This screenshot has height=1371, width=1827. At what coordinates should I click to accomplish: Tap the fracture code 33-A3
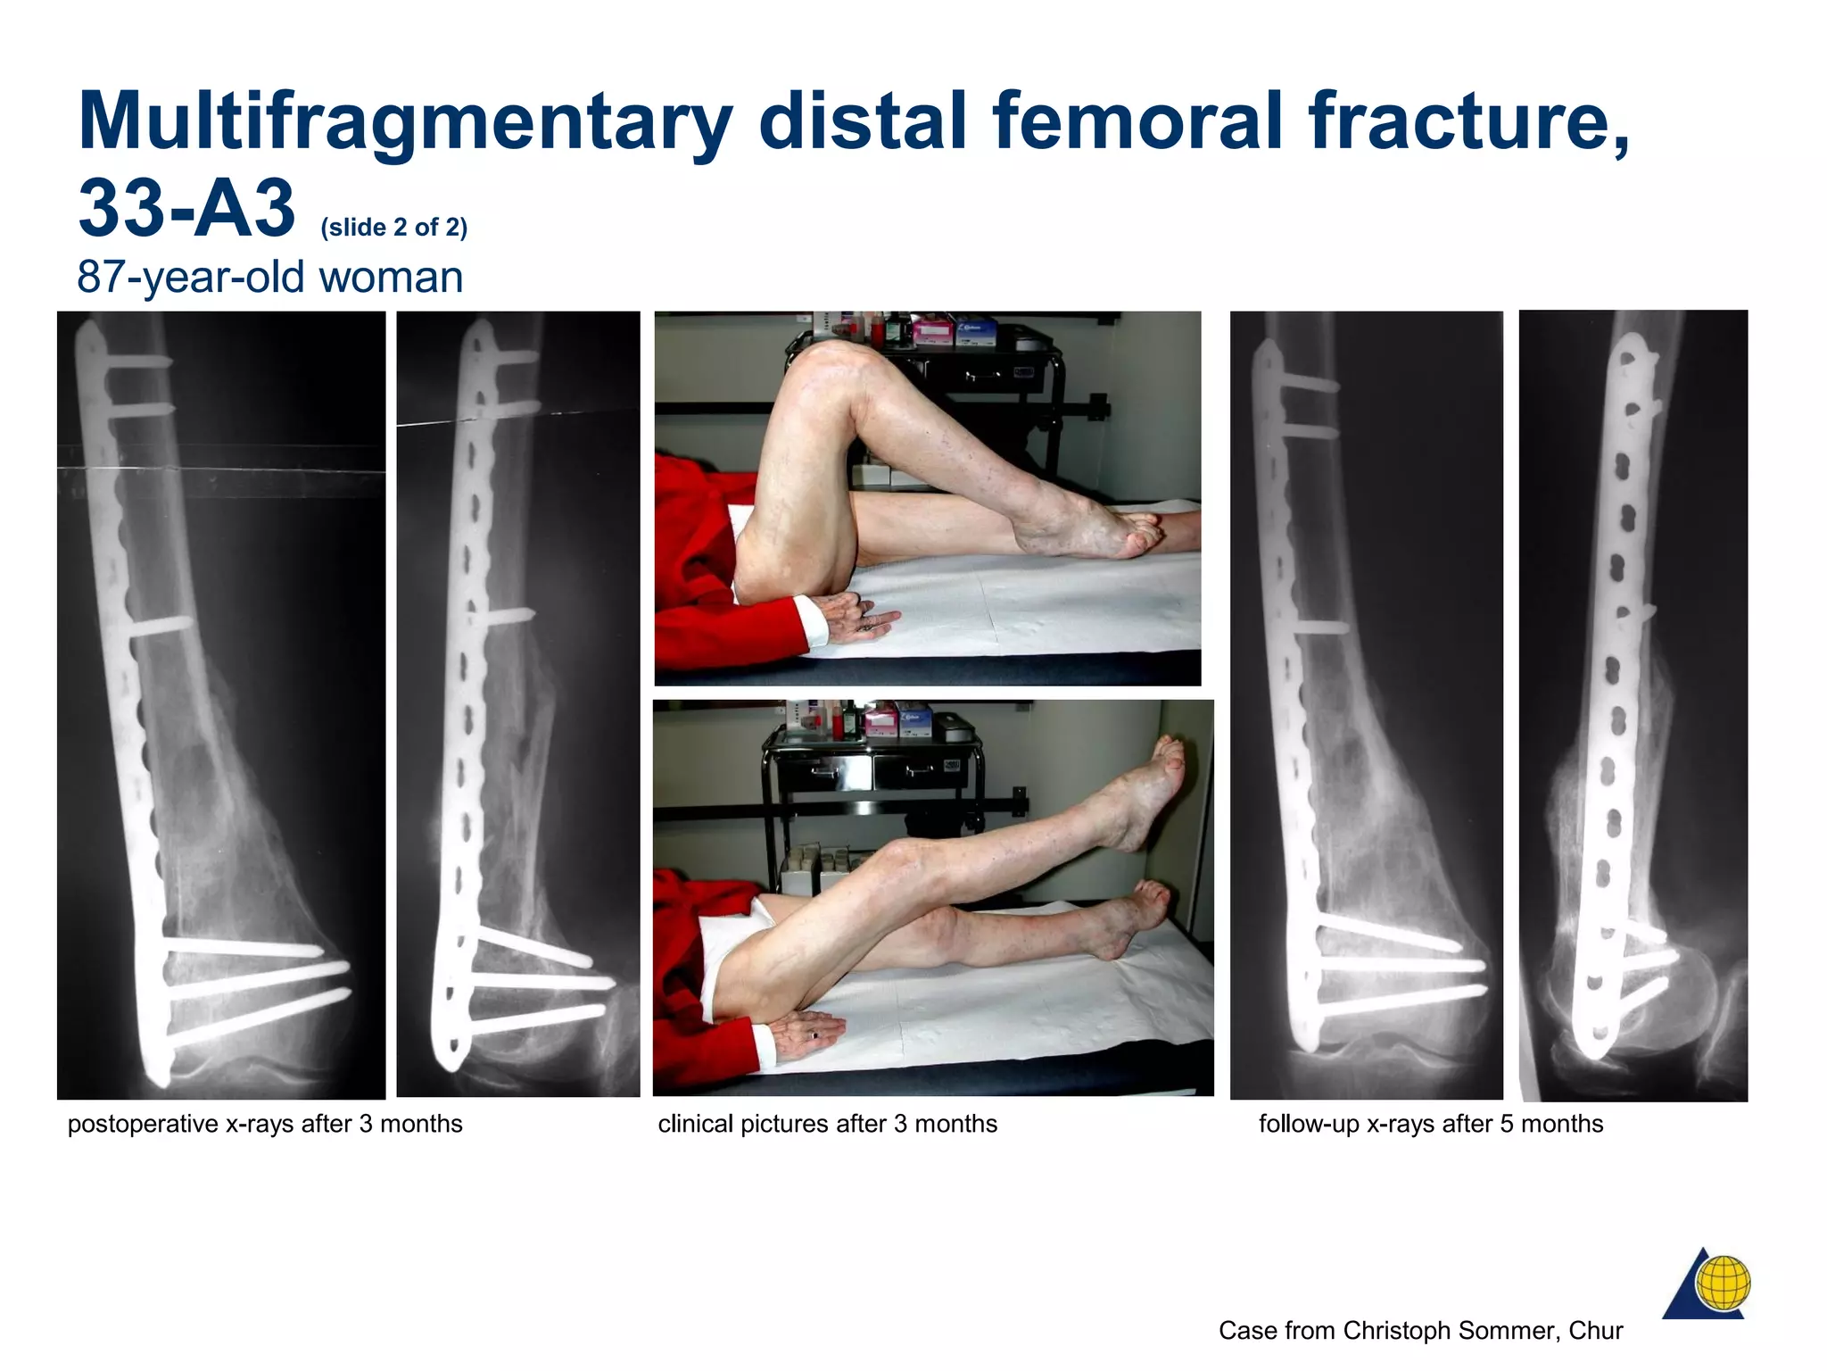186,210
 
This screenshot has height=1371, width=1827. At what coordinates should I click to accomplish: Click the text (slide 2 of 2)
393,228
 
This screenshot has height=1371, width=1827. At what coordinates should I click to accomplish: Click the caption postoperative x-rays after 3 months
265,1124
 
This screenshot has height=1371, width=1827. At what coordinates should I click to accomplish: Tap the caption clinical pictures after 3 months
827,1124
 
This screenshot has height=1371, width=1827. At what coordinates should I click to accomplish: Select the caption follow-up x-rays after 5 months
1430,1124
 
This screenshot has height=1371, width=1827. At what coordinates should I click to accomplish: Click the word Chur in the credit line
1596,1331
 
